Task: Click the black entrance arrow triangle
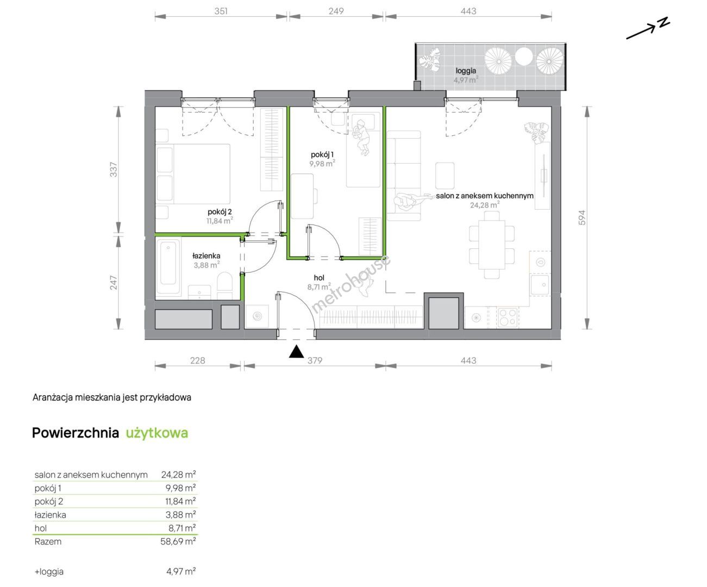296,352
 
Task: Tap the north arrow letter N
664,23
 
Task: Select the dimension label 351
221,11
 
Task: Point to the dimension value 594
581,217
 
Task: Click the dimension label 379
315,360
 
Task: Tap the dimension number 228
197,360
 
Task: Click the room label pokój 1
322,155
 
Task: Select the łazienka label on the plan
206,256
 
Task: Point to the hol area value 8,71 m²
319,286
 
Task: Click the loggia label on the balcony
466,71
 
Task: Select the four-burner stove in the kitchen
507,318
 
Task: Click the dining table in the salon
492,244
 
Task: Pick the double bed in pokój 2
193,174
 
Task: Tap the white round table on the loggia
524,56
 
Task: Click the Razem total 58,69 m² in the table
178,541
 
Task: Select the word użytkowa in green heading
157,433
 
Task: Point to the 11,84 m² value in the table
180,501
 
